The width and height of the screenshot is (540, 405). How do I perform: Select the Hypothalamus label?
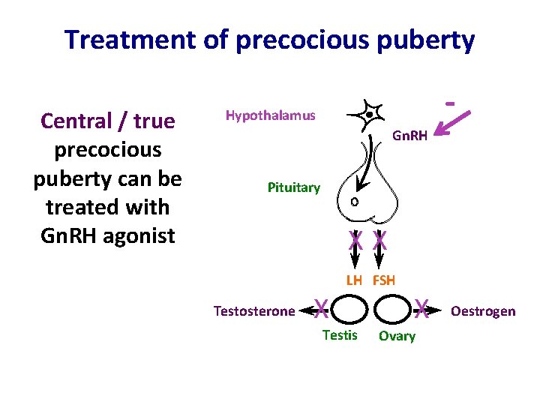tap(270, 115)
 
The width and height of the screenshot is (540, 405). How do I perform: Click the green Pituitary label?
tap(293, 187)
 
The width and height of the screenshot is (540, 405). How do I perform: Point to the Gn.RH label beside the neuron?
tap(409, 136)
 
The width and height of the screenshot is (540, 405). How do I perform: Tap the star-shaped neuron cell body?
tap(369, 115)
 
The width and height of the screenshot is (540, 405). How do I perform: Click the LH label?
tap(354, 280)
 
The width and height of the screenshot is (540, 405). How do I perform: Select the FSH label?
tap(383, 280)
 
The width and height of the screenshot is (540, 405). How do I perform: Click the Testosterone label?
tap(254, 310)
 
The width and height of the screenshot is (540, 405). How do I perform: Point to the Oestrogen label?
tap(483, 310)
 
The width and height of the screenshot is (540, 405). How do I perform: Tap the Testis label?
tap(340, 335)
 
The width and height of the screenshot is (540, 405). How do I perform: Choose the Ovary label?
tap(397, 336)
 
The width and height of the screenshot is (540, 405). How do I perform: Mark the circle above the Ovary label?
tap(392, 309)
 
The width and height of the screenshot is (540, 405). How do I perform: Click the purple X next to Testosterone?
tap(320, 306)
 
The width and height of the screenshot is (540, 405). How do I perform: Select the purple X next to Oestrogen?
tap(422, 306)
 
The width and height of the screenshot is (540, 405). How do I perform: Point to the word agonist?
tap(140, 235)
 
